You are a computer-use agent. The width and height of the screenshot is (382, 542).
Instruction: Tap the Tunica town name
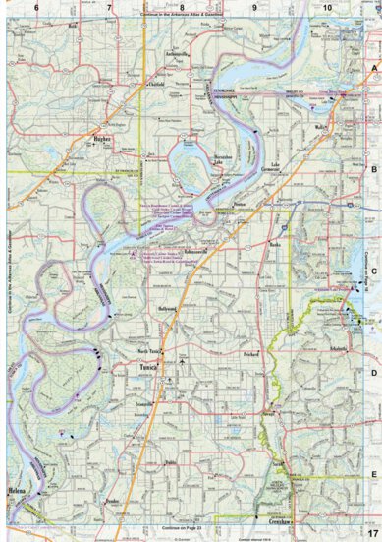coord(150,361)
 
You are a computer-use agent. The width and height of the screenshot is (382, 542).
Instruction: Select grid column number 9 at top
coord(254,7)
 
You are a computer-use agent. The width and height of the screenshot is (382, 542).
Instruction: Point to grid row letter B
coord(373,170)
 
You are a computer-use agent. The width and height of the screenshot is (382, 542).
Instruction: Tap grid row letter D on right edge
coord(373,374)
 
